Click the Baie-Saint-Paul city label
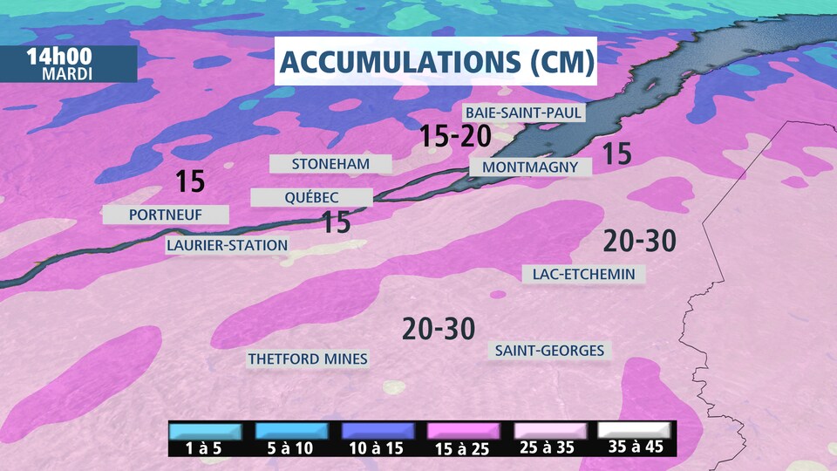[522, 113]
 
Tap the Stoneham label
[330, 164]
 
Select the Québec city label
[311, 198]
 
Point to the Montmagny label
[530, 167]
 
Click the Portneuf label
[166, 215]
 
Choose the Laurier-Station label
[227, 245]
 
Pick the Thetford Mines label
[308, 358]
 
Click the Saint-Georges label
[549, 351]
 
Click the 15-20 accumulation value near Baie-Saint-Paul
[455, 136]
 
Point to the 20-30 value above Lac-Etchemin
[640, 241]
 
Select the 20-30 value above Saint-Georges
[439, 329]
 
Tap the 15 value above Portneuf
[189, 181]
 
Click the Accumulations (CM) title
[436, 61]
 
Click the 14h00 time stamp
[59, 56]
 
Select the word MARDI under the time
[66, 73]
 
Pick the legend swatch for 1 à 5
[206, 432]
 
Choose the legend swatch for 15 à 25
[463, 432]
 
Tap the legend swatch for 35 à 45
[634, 432]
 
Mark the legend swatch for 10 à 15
[378, 432]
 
